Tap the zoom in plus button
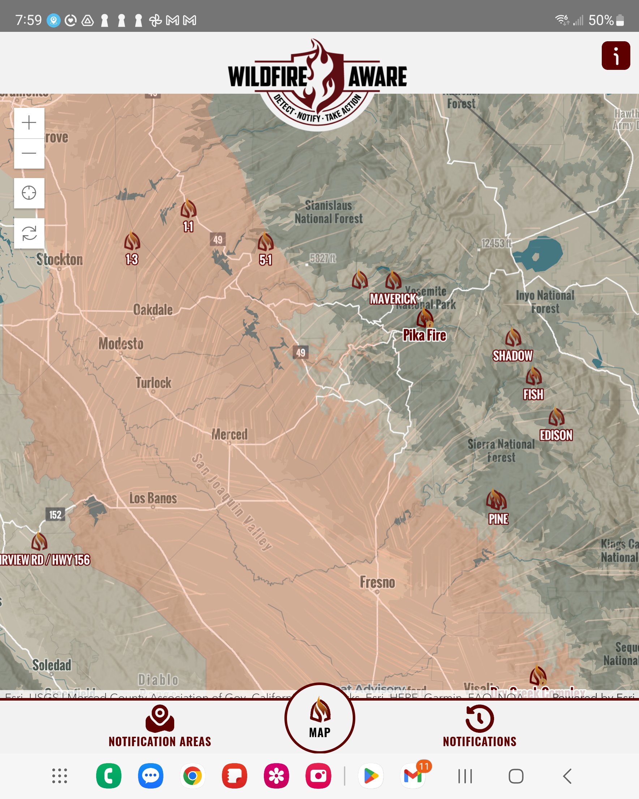coord(29,123)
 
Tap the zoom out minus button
coord(29,153)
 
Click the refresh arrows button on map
coord(29,233)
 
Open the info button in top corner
coord(616,56)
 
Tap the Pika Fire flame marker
coord(425,318)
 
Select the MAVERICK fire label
coord(393,299)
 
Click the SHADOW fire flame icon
coord(513,337)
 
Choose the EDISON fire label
coord(556,435)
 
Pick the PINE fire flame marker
coord(496,500)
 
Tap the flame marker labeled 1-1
coord(188,209)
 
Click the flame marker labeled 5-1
coord(265,242)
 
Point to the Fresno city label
coord(377,582)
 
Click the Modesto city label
coord(121,343)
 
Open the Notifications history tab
coord(480,727)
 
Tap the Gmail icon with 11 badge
coord(413,775)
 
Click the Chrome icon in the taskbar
coord(192,775)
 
